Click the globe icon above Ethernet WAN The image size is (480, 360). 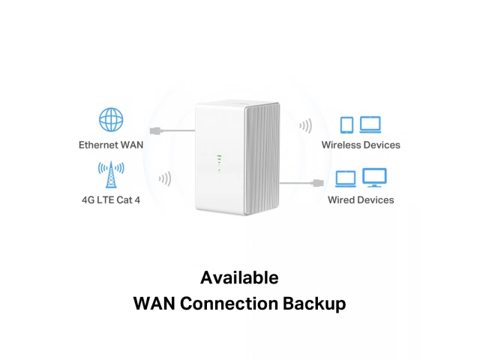[111, 120]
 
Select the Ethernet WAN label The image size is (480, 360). [111, 144]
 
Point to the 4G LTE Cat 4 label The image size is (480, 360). [111, 200]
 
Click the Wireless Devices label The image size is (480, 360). [361, 144]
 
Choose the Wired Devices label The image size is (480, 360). [361, 200]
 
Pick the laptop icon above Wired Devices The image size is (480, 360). [346, 179]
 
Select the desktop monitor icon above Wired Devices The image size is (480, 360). [374, 178]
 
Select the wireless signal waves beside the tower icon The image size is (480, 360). [165, 179]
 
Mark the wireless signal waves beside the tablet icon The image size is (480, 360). [305, 125]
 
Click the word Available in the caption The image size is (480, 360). [239, 277]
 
